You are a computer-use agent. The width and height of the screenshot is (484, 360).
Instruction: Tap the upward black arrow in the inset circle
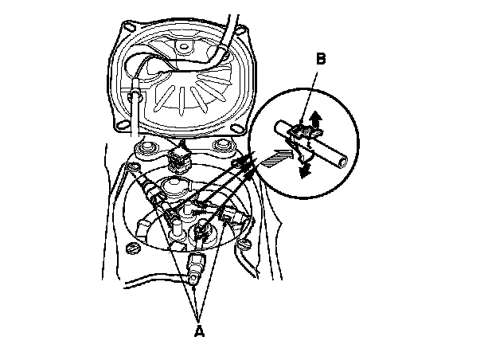[317, 120]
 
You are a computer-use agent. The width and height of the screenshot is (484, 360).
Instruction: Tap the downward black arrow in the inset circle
[305, 169]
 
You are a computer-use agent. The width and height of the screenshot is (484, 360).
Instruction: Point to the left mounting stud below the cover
[146, 150]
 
